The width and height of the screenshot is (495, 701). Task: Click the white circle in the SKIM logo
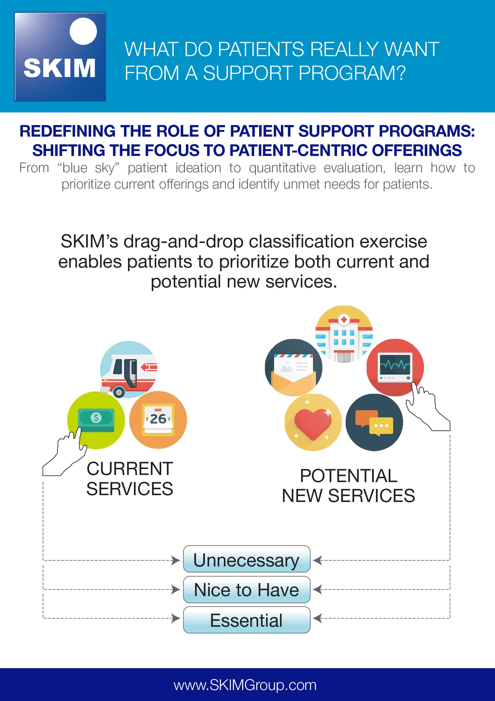click(83, 31)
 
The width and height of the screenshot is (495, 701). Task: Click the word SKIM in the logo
click(59, 68)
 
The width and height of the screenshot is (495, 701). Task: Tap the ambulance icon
click(129, 370)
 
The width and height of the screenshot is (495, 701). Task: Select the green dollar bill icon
click(96, 420)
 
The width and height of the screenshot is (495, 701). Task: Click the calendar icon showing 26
click(158, 420)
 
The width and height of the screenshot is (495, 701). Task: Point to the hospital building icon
click(344, 334)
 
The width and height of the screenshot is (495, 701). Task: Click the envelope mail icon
click(294, 367)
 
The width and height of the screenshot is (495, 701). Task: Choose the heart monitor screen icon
click(395, 367)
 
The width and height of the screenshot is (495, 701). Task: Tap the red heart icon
click(313, 422)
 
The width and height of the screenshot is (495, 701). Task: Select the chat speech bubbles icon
click(374, 422)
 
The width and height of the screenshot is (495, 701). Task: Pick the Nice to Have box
click(246, 590)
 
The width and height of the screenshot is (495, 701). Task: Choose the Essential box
click(246, 620)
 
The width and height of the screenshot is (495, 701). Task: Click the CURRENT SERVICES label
click(130, 479)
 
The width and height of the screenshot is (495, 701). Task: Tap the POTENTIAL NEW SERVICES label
click(348, 485)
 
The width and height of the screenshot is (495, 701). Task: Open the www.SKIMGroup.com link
click(245, 685)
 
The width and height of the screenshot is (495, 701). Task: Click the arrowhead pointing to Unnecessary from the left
click(176, 560)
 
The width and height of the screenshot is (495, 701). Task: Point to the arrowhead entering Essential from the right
click(317, 618)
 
